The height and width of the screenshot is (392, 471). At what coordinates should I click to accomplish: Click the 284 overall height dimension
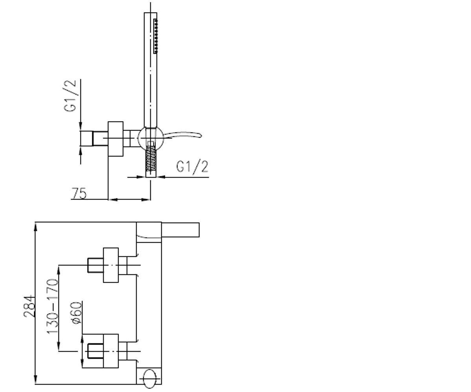coord(29,306)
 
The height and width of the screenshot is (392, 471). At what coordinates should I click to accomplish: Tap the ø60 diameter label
coord(77,313)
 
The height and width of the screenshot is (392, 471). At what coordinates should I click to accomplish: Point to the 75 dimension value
coord(79,194)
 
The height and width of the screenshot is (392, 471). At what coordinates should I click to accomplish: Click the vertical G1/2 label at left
coord(70,96)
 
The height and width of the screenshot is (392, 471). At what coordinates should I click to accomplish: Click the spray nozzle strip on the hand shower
coord(155,36)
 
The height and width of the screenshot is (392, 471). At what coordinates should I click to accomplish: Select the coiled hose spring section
coord(150,158)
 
